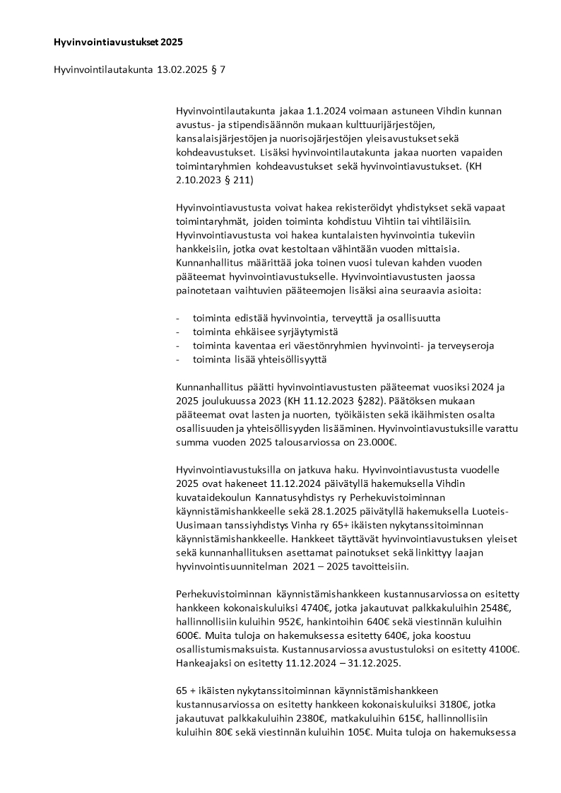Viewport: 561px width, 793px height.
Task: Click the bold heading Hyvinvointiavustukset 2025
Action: tap(118, 42)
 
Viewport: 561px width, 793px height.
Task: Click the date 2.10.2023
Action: tap(199, 180)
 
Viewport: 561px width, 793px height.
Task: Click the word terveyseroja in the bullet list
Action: tap(464, 346)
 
